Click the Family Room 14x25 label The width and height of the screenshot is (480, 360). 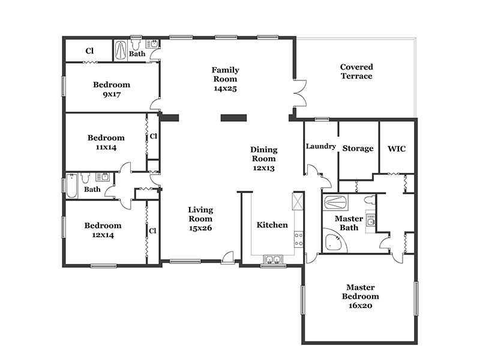(226, 79)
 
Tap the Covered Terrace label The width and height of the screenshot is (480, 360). (356, 71)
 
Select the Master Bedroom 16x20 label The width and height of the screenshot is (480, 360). (361, 296)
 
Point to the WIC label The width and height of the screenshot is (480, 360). (397, 149)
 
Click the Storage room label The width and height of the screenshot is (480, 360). (358, 148)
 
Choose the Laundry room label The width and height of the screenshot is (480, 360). (321, 146)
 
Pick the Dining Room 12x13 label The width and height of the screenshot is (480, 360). (264, 158)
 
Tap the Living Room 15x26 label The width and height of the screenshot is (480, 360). (200, 218)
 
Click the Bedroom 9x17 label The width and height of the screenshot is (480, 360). (112, 89)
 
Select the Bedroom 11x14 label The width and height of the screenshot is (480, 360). (106, 142)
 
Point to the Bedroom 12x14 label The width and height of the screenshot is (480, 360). (103, 230)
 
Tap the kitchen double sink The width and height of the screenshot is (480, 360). (273, 260)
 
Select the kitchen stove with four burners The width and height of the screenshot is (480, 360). (298, 239)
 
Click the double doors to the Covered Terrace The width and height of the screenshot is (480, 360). (299, 94)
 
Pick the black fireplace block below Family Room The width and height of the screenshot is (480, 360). (233, 118)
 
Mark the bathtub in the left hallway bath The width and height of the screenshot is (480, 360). (71, 186)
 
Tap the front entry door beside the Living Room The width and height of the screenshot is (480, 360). (228, 258)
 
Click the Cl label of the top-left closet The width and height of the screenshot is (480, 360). (89, 51)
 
